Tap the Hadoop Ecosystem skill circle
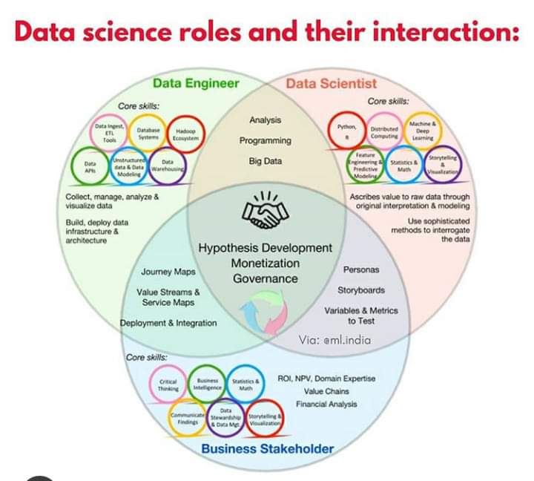184,134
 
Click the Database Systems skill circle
148,134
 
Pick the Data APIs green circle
90,167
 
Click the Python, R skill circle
346,131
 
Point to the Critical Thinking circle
168,383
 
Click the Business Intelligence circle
207,383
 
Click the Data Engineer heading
196,84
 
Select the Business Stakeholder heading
268,448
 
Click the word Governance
266,279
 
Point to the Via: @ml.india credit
336,340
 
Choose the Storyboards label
361,289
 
